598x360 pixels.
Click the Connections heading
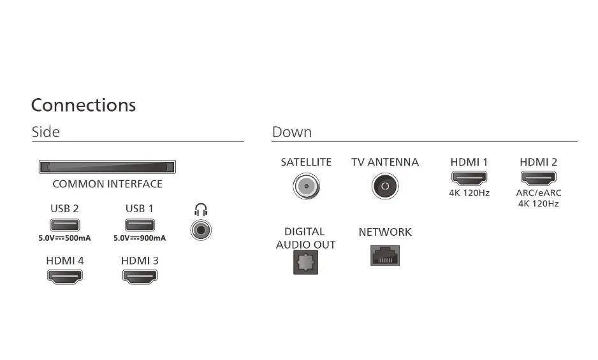click(x=84, y=105)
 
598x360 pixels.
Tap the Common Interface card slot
click(x=107, y=167)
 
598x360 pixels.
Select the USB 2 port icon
click(x=65, y=225)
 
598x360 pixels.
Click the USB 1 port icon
click(x=140, y=225)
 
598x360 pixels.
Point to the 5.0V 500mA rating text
click(x=64, y=238)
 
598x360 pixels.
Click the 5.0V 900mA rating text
click(x=140, y=238)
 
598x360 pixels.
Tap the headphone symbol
click(x=201, y=210)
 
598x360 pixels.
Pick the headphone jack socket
click(x=201, y=231)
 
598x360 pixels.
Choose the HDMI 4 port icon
click(x=65, y=277)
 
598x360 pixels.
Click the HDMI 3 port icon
click(x=140, y=277)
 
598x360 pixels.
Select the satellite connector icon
click(x=306, y=186)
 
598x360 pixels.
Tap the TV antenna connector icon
click(x=385, y=186)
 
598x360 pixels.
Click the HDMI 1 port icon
click(x=469, y=178)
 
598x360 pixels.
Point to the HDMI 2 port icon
click(x=539, y=178)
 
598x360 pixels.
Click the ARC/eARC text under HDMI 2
click(x=539, y=193)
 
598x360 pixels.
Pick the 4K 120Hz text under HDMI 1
click(x=469, y=193)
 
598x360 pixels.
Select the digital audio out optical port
click(x=305, y=263)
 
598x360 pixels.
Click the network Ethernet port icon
click(x=385, y=256)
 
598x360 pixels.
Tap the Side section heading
click(x=46, y=133)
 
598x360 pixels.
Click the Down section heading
click(x=292, y=133)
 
